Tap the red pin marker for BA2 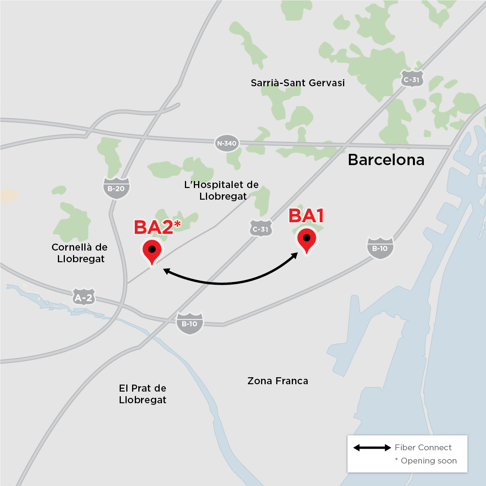click(152, 251)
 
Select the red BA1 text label click(306, 216)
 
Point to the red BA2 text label click(153, 228)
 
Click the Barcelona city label click(386, 160)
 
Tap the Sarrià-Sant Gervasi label click(298, 83)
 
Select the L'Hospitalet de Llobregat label click(222, 190)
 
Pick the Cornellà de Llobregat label click(80, 253)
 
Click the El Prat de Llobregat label click(143, 394)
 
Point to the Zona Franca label click(278, 381)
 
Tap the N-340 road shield click(226, 143)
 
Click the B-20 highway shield click(116, 188)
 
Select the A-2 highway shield click(84, 298)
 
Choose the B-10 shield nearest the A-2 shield click(190, 323)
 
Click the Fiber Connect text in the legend click(423, 448)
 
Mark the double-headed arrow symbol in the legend click(372, 448)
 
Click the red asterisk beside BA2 click(177, 223)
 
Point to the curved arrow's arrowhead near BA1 click(295, 255)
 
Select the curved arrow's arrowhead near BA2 click(166, 271)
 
